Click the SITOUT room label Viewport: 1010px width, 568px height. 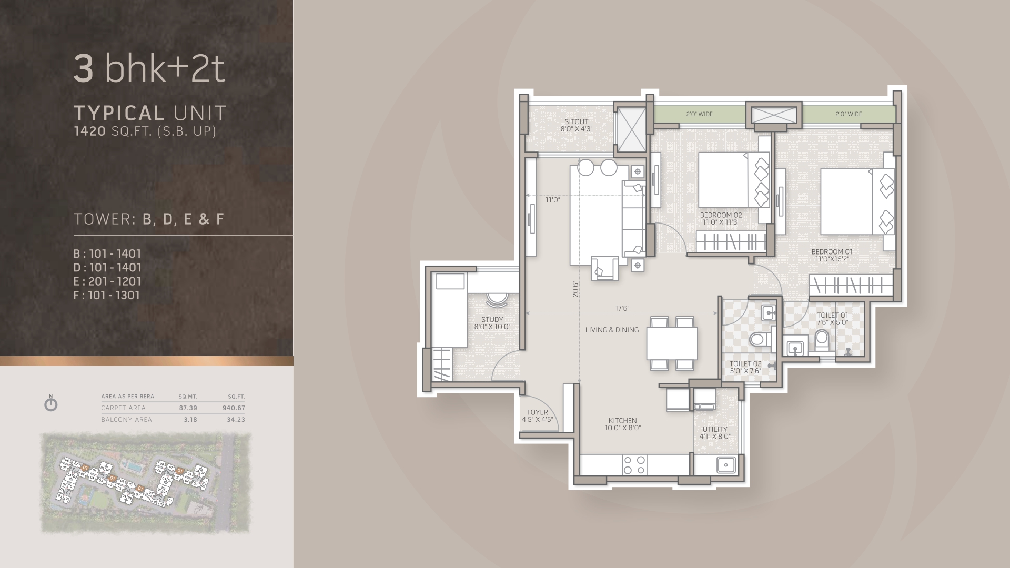click(577, 121)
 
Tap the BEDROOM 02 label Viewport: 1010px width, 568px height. click(721, 215)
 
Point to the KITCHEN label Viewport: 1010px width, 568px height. click(622, 421)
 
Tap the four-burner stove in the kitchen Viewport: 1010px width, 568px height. click(634, 465)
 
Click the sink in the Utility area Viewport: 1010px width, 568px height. click(726, 465)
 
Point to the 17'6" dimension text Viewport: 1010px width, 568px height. click(622, 308)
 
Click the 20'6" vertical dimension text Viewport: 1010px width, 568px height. click(576, 289)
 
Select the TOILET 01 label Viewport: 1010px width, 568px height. click(832, 316)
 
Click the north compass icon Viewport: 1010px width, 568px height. click(51, 404)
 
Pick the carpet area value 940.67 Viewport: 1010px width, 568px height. click(234, 408)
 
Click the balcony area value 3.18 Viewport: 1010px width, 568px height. click(190, 420)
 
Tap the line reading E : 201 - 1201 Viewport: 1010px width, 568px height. click(107, 281)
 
